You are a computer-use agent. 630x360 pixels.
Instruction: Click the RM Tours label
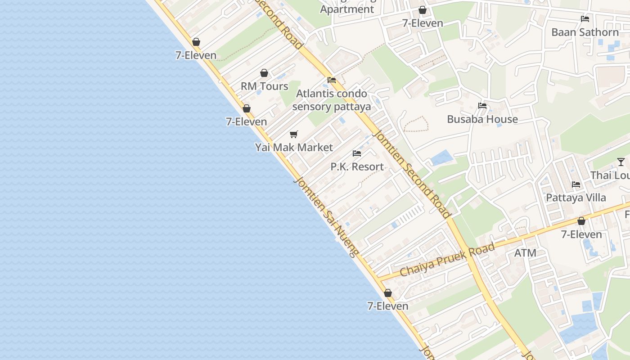tap(264, 86)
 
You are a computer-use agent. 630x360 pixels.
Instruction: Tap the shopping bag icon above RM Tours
tap(264, 73)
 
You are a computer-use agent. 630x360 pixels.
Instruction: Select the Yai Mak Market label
tap(294, 147)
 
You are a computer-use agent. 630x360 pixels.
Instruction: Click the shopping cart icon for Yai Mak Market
tap(294, 134)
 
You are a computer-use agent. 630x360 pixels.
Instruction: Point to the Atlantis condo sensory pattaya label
tap(332, 100)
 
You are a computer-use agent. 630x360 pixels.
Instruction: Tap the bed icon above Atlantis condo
tap(332, 80)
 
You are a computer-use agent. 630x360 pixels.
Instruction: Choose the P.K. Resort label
tap(357, 166)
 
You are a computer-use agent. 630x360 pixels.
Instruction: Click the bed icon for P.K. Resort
tap(357, 153)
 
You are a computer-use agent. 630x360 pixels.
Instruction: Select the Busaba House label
tap(482, 119)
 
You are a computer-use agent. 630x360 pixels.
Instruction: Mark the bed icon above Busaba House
tap(482, 106)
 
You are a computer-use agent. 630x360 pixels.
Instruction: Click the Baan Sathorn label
tap(585, 32)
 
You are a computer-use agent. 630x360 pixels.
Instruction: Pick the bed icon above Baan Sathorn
tap(585, 19)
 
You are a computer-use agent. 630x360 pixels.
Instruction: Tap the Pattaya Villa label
tap(576, 198)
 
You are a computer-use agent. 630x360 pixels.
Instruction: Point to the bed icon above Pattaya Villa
tap(576, 184)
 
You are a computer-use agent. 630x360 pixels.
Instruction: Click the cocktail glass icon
tap(621, 162)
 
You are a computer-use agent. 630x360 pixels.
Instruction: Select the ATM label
tap(525, 253)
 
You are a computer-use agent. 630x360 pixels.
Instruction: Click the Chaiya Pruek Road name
tap(447, 260)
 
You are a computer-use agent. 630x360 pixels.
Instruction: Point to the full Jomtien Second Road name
tap(412, 174)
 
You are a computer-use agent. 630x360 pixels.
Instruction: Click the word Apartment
tap(347, 9)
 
